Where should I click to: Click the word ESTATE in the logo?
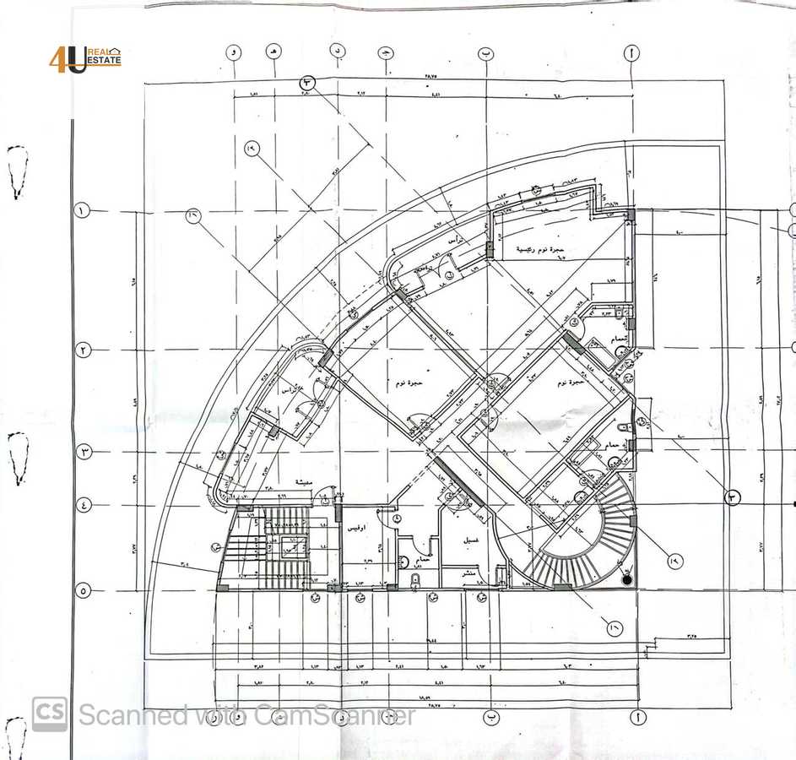pyautogui.click(x=105, y=62)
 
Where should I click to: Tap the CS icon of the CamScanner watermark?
pyautogui.click(x=50, y=714)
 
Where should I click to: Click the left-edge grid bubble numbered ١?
pyautogui.click(x=83, y=211)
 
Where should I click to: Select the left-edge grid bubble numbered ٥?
pyautogui.click(x=83, y=590)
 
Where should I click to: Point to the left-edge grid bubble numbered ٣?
pyautogui.click(x=84, y=453)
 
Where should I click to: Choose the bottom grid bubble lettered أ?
pyautogui.click(x=633, y=717)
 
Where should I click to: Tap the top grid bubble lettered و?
pyautogui.click(x=233, y=52)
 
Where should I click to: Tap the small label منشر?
pyautogui.click(x=467, y=573)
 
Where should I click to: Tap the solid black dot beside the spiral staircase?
pyautogui.click(x=626, y=579)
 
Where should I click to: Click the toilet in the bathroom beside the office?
pyautogui.click(x=415, y=580)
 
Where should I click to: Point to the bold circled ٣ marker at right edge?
pyautogui.click(x=733, y=498)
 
